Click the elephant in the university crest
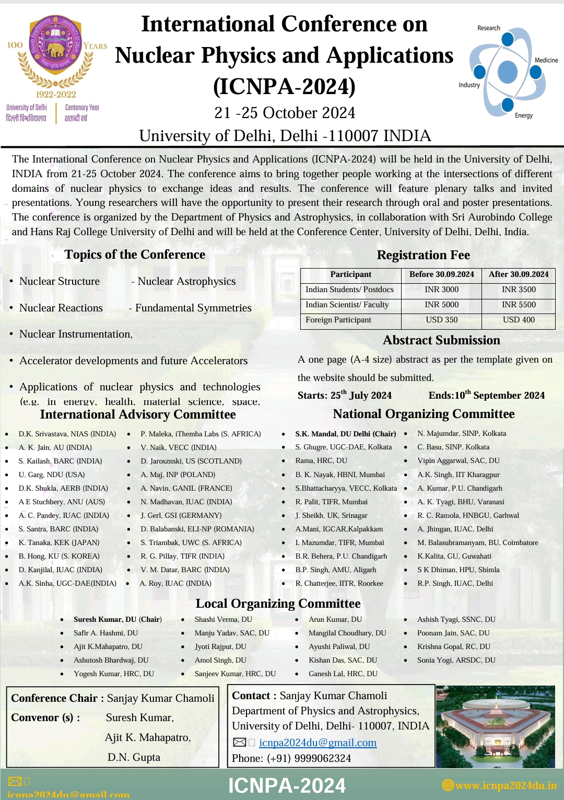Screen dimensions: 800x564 pyautogui.click(x=56, y=50)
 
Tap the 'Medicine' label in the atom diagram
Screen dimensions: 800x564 pyautogui.click(x=546, y=60)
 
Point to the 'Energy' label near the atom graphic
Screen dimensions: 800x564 pyautogui.click(x=523, y=115)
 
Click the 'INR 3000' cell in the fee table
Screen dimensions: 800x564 pyautogui.click(x=441, y=289)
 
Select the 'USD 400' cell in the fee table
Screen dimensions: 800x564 pyautogui.click(x=519, y=320)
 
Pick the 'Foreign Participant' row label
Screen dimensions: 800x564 pyautogui.click(x=338, y=320)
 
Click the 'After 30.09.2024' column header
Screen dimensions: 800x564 pyautogui.click(x=519, y=274)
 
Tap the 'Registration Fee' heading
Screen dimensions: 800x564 pyautogui.click(x=423, y=255)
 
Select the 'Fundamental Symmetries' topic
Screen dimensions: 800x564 pyautogui.click(x=193, y=308)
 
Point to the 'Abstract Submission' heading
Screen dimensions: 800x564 pyautogui.click(x=441, y=340)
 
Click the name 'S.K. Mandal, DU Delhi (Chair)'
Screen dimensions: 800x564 pyautogui.click(x=345, y=434)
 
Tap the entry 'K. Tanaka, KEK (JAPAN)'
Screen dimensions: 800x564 pyautogui.click(x=59, y=542)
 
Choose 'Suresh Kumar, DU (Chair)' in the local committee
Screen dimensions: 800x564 pyautogui.click(x=118, y=619)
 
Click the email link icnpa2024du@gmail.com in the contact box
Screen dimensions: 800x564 pyautogui.click(x=318, y=743)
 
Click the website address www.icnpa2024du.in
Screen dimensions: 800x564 pyautogui.click(x=506, y=785)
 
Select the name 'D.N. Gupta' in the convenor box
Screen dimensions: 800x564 pyautogui.click(x=134, y=757)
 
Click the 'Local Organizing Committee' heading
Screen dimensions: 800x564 pyautogui.click(x=278, y=604)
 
